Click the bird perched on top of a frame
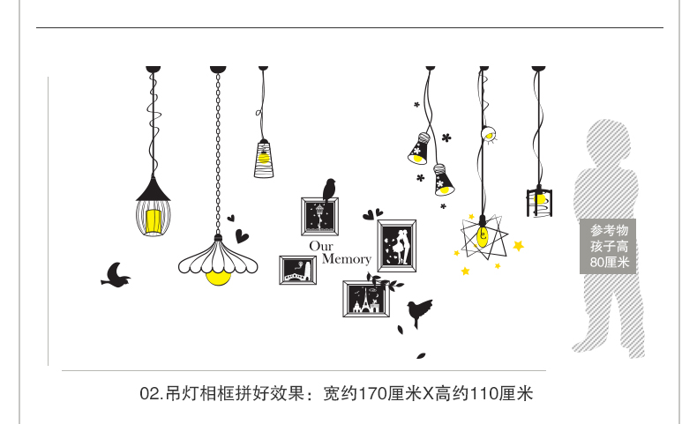coord(329,189)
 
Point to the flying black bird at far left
coord(116,275)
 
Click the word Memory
coord(347,259)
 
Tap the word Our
coord(321,246)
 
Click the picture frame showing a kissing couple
coord(397,245)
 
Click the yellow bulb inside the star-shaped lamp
coord(482,237)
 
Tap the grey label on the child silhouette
coord(609,246)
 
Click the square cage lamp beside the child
coord(538,201)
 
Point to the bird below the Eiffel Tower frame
coord(419,309)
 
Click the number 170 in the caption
coord(371,393)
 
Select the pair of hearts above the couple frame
coord(372,213)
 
